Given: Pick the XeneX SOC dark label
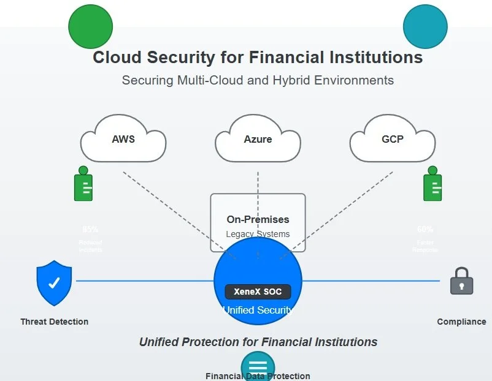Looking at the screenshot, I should coord(258,292).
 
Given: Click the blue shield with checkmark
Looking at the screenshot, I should coord(54,282).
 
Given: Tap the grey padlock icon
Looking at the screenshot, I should coord(461,281).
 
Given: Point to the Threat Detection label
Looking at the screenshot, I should coord(54,322).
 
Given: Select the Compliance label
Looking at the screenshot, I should coord(461,322).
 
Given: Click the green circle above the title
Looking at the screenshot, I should coord(91,26).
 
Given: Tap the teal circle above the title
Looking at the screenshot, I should coord(425,26).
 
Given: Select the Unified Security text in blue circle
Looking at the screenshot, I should coord(258,310).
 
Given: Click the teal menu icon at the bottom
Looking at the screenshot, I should coord(258,366).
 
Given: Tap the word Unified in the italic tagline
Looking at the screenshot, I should coord(163,342).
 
